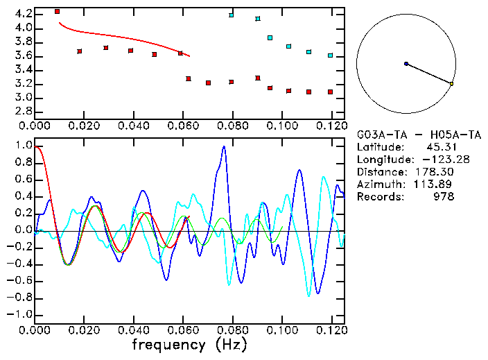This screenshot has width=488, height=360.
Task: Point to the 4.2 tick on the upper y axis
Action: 23,14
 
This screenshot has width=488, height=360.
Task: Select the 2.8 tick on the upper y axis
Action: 23,112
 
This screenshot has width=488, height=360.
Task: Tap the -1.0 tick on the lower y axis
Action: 20,314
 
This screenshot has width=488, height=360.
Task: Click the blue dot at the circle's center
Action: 406,64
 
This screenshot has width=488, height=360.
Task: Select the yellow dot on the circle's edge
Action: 451,84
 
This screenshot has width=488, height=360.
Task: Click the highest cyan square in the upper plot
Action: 232,15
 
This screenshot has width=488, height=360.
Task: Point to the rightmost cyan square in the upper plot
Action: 330,55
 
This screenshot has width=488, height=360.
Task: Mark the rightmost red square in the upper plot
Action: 331,92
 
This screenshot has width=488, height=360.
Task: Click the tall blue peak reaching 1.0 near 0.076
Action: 223,147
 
